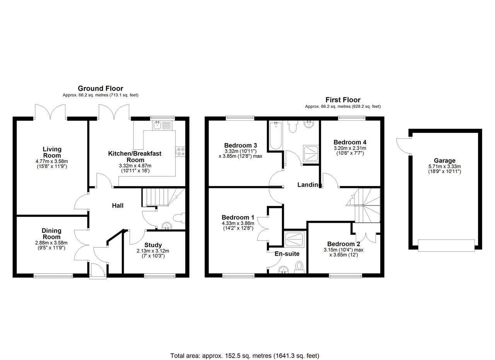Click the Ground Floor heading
coord(100,89)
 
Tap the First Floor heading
coord(343,100)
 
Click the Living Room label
coord(52,152)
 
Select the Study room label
coord(153,245)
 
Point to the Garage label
coord(445,160)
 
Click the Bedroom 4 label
coord(350,142)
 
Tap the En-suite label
coord(287,254)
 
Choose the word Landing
coord(309,184)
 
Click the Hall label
coord(118,206)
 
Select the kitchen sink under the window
coord(162,125)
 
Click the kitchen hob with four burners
coord(180,152)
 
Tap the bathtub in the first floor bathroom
coord(276,135)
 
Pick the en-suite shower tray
coord(294,239)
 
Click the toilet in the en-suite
coord(299,268)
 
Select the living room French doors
coord(50,112)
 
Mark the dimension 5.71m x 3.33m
coord(445,166)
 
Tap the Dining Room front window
coord(53,276)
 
